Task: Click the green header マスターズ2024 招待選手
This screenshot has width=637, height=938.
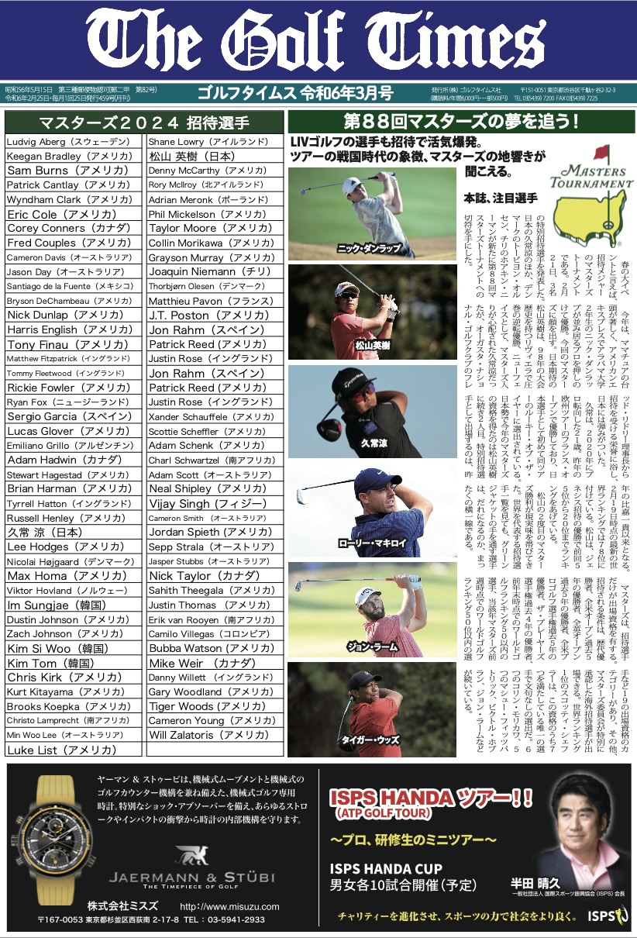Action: (x=143, y=122)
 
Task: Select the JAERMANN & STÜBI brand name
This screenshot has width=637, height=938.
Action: (x=191, y=878)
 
